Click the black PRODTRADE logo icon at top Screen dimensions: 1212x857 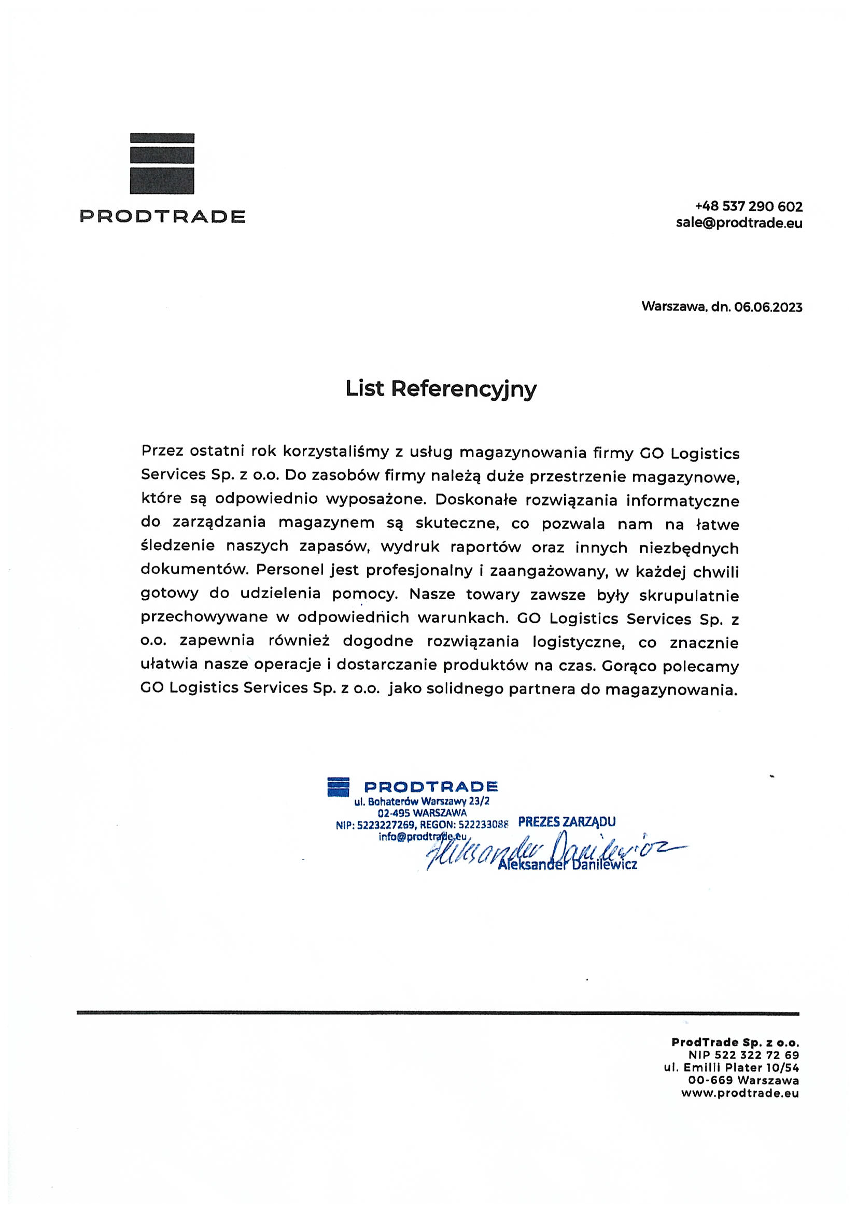(x=162, y=163)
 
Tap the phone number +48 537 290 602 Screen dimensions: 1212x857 (x=749, y=206)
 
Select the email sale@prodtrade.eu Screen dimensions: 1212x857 (x=739, y=223)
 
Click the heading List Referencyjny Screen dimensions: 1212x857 (x=441, y=389)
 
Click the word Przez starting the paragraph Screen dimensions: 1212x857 (x=162, y=453)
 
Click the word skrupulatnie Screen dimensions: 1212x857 (x=689, y=596)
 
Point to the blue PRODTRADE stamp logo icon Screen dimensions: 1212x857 (x=339, y=786)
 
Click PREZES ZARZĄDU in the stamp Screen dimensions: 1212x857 (x=567, y=822)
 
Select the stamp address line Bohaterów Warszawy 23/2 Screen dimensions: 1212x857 (x=423, y=801)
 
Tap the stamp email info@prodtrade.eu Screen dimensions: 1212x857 (x=423, y=837)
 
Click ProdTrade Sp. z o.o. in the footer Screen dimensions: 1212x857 (x=735, y=1042)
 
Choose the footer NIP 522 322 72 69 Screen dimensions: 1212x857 (x=743, y=1055)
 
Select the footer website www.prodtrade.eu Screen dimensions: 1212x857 (x=740, y=1093)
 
